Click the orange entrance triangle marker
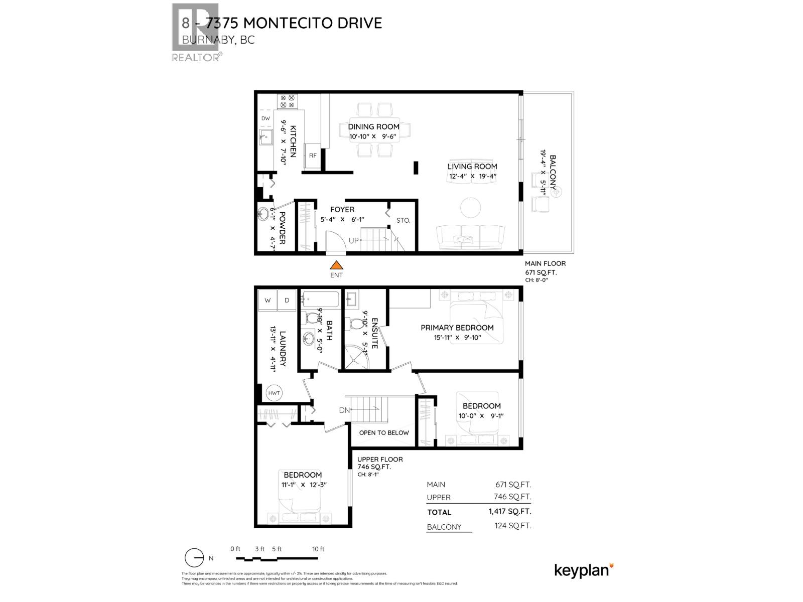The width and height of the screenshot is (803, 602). pos(337,265)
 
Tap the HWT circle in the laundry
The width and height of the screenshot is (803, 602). pos(274,393)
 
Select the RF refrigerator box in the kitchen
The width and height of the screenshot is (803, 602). pos(313,155)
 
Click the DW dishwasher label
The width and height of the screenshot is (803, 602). pos(265,118)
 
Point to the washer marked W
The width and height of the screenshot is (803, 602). pos(267,300)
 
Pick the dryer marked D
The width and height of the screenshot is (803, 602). pos(287,300)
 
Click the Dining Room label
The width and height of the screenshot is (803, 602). pos(374,126)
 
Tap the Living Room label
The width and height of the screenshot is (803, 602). pos(472,167)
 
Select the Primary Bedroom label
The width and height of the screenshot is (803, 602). pos(457,328)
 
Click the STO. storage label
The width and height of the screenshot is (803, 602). pos(404,220)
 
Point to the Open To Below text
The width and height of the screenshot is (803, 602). pos(384,432)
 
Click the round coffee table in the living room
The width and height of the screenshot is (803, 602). pos(471,207)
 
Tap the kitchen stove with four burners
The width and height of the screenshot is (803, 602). pos(287,101)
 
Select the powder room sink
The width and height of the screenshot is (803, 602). pos(263,214)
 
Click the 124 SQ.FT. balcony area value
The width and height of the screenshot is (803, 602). pos(512,526)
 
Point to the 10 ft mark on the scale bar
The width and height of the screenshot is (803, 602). pos(318,549)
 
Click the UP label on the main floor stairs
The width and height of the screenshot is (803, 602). pos(354,240)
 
